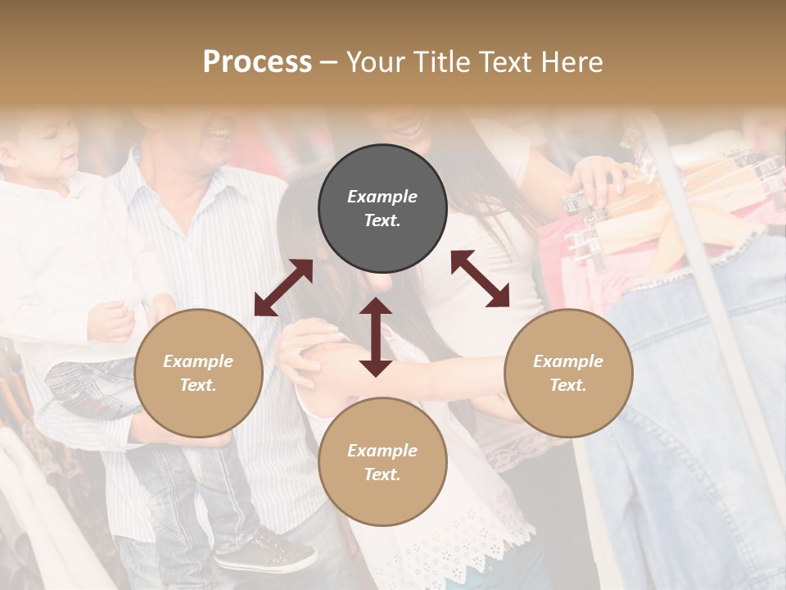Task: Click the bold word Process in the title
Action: point(257,62)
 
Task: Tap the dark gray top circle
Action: point(382,209)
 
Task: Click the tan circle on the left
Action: point(198,374)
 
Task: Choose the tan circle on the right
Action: point(568,374)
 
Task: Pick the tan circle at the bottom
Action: point(382,462)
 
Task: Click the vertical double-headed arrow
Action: point(376,337)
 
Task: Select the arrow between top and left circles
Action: point(283,287)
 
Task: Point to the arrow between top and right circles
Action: point(481,279)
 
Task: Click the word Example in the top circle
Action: point(382,197)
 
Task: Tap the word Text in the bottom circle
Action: point(382,474)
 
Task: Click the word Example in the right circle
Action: point(568,361)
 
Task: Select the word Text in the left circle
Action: point(198,385)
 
